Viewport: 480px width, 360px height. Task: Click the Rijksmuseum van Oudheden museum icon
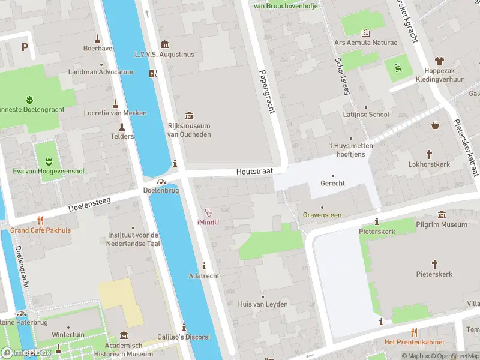pyautogui.click(x=190, y=115)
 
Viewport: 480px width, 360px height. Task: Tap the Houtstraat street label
pyautogui.click(x=254, y=172)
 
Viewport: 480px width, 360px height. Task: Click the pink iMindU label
pyautogui.click(x=208, y=222)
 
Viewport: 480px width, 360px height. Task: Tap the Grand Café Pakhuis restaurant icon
pyautogui.click(x=40, y=220)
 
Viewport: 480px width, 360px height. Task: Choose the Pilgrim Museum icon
pyautogui.click(x=442, y=215)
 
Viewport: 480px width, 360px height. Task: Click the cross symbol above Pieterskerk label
pyautogui.click(x=434, y=264)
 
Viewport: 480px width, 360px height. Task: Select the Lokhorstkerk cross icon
pyautogui.click(x=429, y=154)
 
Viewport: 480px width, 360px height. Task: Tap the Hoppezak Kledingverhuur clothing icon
pyautogui.click(x=440, y=61)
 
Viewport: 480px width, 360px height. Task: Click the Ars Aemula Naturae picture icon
pyautogui.click(x=366, y=33)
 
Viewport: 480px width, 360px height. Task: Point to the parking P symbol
pyautogui.click(x=25, y=47)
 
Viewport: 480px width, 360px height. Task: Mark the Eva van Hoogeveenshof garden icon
pyautogui.click(x=46, y=161)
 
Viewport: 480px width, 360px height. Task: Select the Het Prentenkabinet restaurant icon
pyautogui.click(x=414, y=332)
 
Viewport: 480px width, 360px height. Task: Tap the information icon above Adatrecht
pyautogui.click(x=204, y=266)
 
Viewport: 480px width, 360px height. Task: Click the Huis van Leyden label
pyautogui.click(x=262, y=304)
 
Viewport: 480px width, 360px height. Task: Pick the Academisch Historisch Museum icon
pyautogui.click(x=124, y=335)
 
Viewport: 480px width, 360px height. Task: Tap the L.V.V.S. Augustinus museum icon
pyautogui.click(x=165, y=44)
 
